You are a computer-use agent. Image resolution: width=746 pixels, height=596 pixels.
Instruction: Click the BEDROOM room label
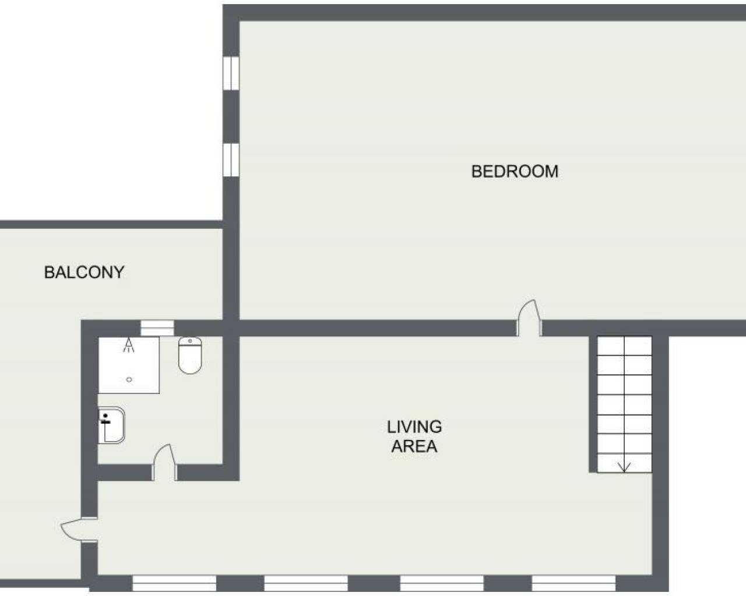click(x=515, y=172)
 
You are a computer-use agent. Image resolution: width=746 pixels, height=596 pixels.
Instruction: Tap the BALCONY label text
click(x=85, y=272)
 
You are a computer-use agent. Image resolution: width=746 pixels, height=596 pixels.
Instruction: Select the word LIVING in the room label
click(x=414, y=427)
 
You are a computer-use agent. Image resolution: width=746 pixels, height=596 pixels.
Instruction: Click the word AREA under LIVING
click(x=414, y=446)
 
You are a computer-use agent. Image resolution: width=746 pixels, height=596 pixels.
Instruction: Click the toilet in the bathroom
click(x=190, y=356)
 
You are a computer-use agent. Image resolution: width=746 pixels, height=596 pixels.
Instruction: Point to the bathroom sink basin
click(x=112, y=425)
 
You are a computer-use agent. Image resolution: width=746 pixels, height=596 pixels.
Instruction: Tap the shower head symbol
click(x=129, y=345)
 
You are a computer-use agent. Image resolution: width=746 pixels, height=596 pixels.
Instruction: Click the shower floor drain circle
click(x=129, y=380)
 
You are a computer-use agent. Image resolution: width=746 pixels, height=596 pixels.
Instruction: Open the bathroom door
click(x=165, y=463)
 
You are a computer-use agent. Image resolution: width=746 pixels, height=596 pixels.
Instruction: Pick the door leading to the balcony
click(x=79, y=530)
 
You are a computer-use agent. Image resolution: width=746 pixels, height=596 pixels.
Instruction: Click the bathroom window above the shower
click(x=157, y=328)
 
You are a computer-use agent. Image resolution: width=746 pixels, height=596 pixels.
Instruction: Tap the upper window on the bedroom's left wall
click(x=231, y=73)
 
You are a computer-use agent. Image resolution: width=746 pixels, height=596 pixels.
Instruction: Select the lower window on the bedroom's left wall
click(x=231, y=160)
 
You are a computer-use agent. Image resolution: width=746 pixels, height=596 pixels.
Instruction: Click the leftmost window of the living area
click(x=174, y=583)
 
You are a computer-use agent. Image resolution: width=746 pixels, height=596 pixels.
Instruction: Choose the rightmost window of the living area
click(x=573, y=583)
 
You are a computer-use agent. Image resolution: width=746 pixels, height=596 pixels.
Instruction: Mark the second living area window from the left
click(x=306, y=583)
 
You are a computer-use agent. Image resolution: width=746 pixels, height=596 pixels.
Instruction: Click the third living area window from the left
click(x=442, y=583)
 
